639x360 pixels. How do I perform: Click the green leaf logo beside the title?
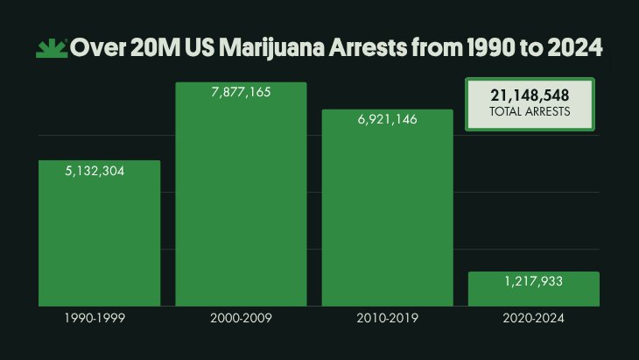click(52, 48)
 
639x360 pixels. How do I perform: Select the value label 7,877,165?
click(241, 94)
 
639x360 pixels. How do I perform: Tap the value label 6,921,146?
click(387, 121)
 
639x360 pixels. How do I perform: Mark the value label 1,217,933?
click(533, 282)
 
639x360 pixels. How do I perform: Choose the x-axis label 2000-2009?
click(241, 319)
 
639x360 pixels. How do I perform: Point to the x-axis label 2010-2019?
click(387, 319)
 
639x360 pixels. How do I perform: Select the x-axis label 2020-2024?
click(533, 319)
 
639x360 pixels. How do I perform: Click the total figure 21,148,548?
click(530, 95)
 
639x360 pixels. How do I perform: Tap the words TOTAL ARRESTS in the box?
click(530, 112)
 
